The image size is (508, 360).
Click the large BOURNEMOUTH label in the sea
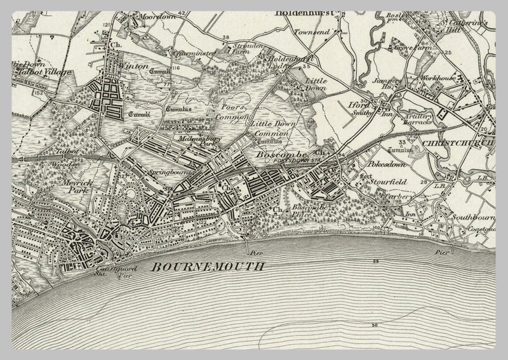(208, 267)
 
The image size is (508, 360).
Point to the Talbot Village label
(34, 72)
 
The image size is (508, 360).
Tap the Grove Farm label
(409, 48)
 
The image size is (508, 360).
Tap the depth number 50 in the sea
(375, 325)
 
